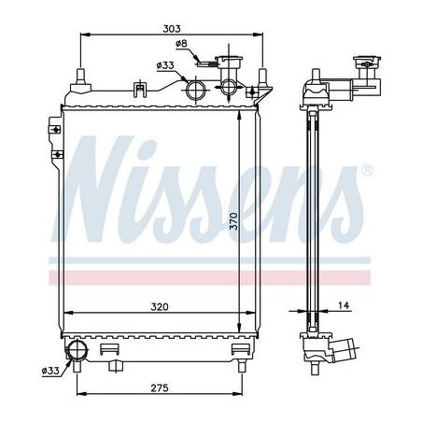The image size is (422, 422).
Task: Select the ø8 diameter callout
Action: (x=182, y=44)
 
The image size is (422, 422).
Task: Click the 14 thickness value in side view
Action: (x=345, y=306)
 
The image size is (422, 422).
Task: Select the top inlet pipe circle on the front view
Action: (x=197, y=90)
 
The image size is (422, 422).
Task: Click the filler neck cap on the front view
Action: (x=227, y=65)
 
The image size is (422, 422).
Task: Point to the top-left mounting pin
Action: (x=83, y=76)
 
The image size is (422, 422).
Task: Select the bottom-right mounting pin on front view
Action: (x=246, y=354)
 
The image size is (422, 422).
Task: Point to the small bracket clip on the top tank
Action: (x=140, y=90)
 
